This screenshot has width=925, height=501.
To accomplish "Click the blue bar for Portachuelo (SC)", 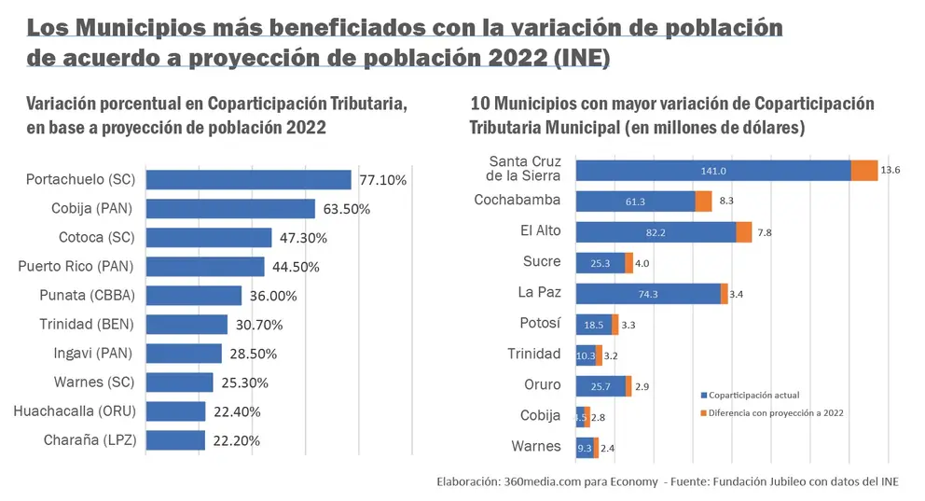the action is (x=248, y=180).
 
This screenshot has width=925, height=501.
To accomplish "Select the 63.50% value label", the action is (x=346, y=210).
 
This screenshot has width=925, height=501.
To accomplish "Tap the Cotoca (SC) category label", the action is (x=97, y=237).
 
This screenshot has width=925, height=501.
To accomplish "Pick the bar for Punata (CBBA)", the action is (x=194, y=296).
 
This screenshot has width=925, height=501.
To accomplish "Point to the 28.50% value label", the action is (x=253, y=355).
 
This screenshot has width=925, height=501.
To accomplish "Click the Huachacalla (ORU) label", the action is (x=75, y=411).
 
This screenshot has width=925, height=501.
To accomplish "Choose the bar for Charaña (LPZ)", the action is (x=176, y=440).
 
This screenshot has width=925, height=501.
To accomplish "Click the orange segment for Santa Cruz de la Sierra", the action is (x=864, y=171).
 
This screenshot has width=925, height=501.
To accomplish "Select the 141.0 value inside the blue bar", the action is (x=713, y=171).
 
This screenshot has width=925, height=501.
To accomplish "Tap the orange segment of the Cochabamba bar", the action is (x=703, y=202).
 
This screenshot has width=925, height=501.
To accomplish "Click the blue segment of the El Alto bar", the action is (x=656, y=232).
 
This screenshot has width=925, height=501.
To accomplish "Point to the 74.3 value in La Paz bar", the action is (x=648, y=294).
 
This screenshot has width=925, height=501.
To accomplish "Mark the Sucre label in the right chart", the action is (x=542, y=261).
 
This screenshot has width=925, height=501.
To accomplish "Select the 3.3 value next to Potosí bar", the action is (x=628, y=326).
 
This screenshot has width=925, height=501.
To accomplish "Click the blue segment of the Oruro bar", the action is (x=601, y=386).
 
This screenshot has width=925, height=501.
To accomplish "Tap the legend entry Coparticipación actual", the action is (x=750, y=396).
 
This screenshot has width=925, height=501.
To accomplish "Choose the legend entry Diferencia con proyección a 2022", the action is (x=772, y=413).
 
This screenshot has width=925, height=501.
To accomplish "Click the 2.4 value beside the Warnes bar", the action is (x=607, y=449).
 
